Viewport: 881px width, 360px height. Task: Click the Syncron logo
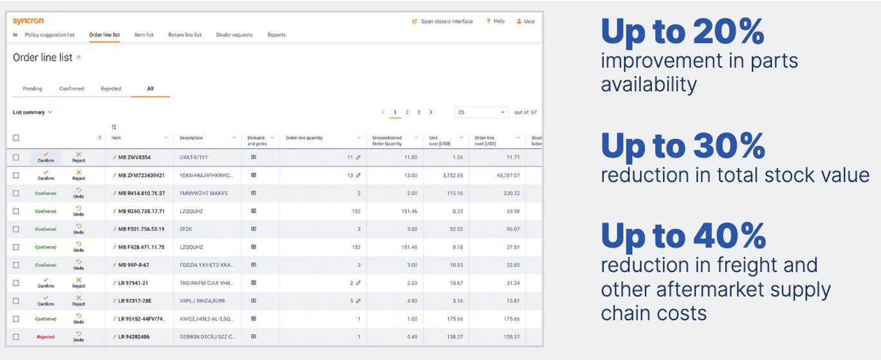pos(28,21)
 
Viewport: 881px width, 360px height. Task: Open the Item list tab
pos(144,35)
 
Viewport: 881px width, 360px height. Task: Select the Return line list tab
pos(185,35)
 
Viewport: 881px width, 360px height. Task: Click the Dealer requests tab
pos(234,35)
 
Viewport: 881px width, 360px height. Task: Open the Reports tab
pos(277,35)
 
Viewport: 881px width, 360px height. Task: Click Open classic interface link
pos(446,21)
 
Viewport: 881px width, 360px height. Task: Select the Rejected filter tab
pos(111,89)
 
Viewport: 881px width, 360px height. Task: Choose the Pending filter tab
pos(32,89)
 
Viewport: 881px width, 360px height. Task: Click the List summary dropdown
pos(33,113)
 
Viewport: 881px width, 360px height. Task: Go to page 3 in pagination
pos(419,113)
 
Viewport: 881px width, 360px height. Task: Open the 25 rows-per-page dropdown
pos(481,113)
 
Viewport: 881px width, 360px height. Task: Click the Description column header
pos(191,138)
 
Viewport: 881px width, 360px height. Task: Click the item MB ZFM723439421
pos(141,175)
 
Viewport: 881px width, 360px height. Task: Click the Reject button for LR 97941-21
pos(78,283)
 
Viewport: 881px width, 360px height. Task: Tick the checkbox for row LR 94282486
pos(16,337)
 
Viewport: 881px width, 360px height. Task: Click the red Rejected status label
pos(46,337)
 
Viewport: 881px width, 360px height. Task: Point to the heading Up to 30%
pos(683,147)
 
